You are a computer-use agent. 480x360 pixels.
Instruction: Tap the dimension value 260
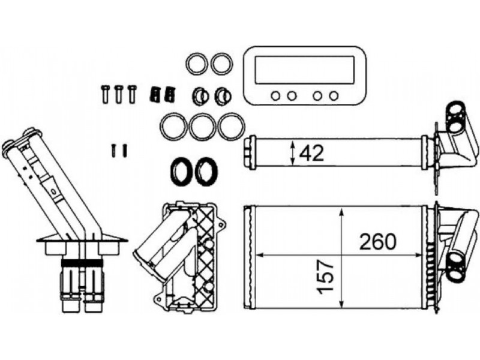[378, 241]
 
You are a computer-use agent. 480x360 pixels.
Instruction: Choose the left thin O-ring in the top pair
[196, 63]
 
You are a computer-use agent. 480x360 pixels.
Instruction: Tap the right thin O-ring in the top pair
[221, 63]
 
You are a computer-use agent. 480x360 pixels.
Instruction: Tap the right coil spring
[170, 94]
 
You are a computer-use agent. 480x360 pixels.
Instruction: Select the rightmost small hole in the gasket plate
[334, 95]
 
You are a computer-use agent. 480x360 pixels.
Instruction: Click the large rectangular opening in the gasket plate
[304, 70]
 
